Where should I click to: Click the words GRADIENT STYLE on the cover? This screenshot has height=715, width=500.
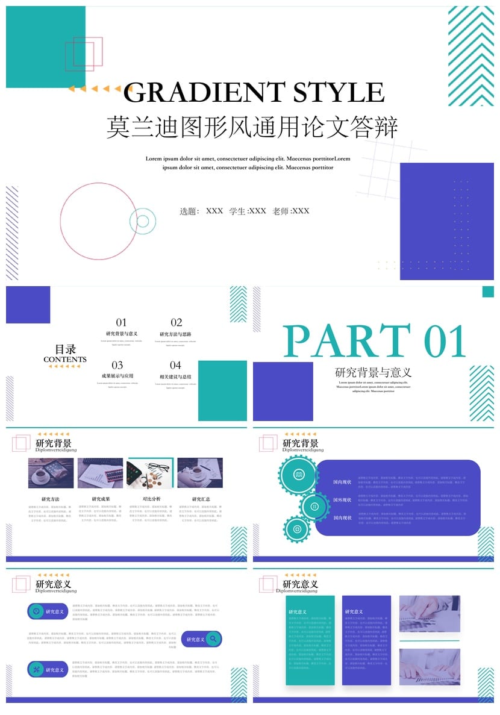tap(254, 92)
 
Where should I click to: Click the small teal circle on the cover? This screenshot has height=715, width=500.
tap(143, 221)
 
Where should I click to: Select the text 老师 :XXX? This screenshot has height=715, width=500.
tap(291, 211)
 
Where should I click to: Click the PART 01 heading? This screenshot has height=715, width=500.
tap(375, 342)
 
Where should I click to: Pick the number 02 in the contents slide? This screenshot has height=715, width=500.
tap(176, 322)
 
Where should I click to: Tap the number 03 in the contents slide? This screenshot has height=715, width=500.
tap(117, 365)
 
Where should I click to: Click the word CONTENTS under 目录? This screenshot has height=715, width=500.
tap(65, 360)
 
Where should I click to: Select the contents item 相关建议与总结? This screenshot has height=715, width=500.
tap(175, 376)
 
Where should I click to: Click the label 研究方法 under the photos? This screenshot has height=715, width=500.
tap(51, 499)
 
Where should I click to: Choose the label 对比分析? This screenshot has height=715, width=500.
tap(151, 499)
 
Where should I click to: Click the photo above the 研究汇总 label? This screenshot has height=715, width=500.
tap(200, 473)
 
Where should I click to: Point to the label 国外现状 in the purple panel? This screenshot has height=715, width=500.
tap(342, 500)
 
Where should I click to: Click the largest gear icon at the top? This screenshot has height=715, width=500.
tap(298, 475)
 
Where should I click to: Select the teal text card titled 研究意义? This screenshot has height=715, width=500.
tap(310, 640)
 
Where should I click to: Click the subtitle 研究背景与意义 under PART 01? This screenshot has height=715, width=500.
tap(373, 372)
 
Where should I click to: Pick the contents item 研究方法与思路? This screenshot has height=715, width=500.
tap(175, 334)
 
